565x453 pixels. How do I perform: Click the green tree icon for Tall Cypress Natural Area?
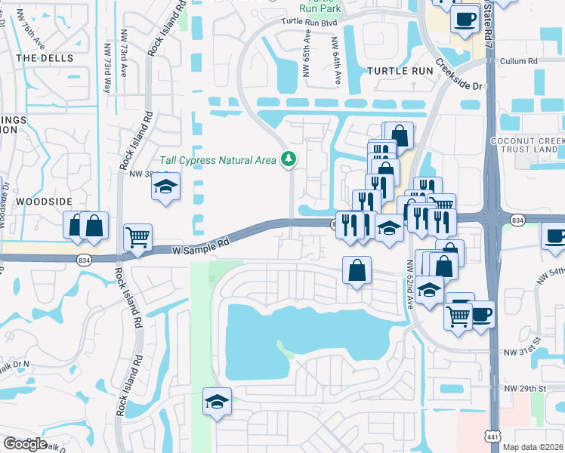pos(287,159)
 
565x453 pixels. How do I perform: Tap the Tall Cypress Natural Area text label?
pos(218,160)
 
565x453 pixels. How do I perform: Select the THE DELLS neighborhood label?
pos(45,58)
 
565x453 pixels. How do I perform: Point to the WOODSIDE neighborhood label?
pos(43,202)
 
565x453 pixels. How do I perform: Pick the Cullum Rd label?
pos(523,61)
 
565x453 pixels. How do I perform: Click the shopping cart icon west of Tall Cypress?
pos(137,237)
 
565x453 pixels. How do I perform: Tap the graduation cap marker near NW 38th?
pos(165,187)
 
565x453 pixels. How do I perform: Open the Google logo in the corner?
pos(25,443)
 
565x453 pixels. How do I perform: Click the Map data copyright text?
pos(533,446)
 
